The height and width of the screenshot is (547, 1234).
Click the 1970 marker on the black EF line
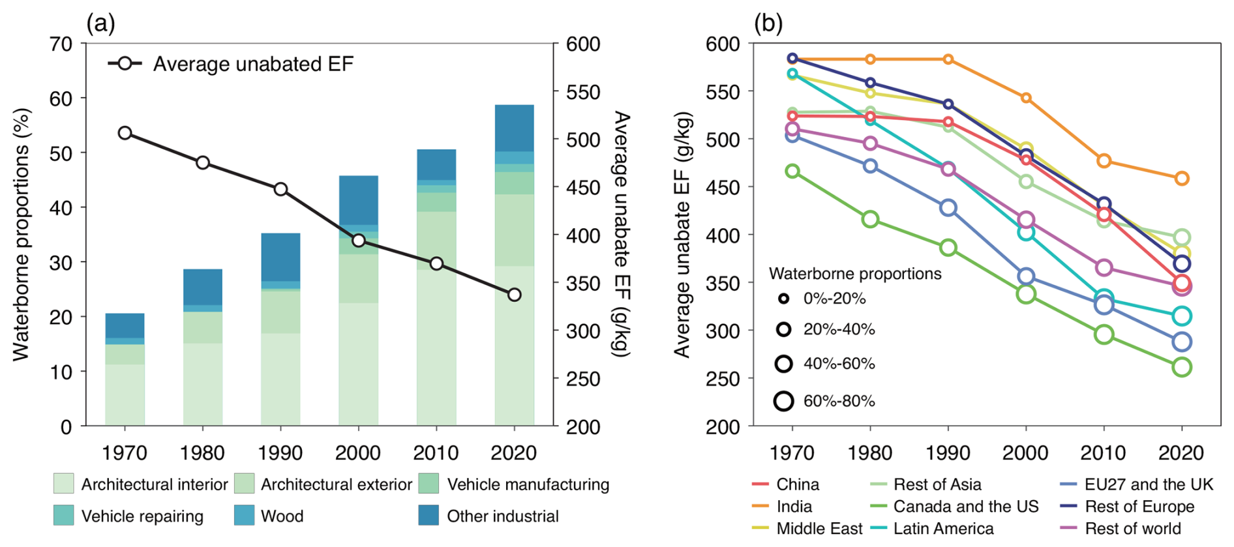pyautogui.click(x=125, y=133)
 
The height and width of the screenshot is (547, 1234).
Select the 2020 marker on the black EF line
pyautogui.click(x=514, y=295)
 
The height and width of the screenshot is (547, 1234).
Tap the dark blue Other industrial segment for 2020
pyautogui.click(x=514, y=128)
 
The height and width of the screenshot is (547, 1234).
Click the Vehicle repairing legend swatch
pyautogui.click(x=63, y=516)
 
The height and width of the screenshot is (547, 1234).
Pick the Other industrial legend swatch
pyautogui.click(x=429, y=516)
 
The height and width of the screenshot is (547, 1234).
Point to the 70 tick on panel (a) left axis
pyautogui.click(x=61, y=44)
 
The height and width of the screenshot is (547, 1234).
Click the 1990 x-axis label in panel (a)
pyautogui.click(x=280, y=452)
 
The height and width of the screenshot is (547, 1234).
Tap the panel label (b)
pyautogui.click(x=768, y=23)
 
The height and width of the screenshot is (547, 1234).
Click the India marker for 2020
pyautogui.click(x=1181, y=179)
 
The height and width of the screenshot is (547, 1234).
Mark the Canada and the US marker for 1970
pyautogui.click(x=792, y=171)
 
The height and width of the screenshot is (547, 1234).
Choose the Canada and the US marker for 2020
pyautogui.click(x=1181, y=367)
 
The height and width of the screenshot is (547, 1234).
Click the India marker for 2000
pyautogui.click(x=1026, y=98)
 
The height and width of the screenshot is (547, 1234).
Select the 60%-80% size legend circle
pyautogui.click(x=784, y=401)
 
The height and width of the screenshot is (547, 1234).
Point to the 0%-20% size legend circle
pyautogui.click(x=784, y=299)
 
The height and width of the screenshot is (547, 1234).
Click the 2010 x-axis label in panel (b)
pyautogui.click(x=1104, y=452)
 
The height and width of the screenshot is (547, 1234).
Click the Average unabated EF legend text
pyautogui.click(x=253, y=64)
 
